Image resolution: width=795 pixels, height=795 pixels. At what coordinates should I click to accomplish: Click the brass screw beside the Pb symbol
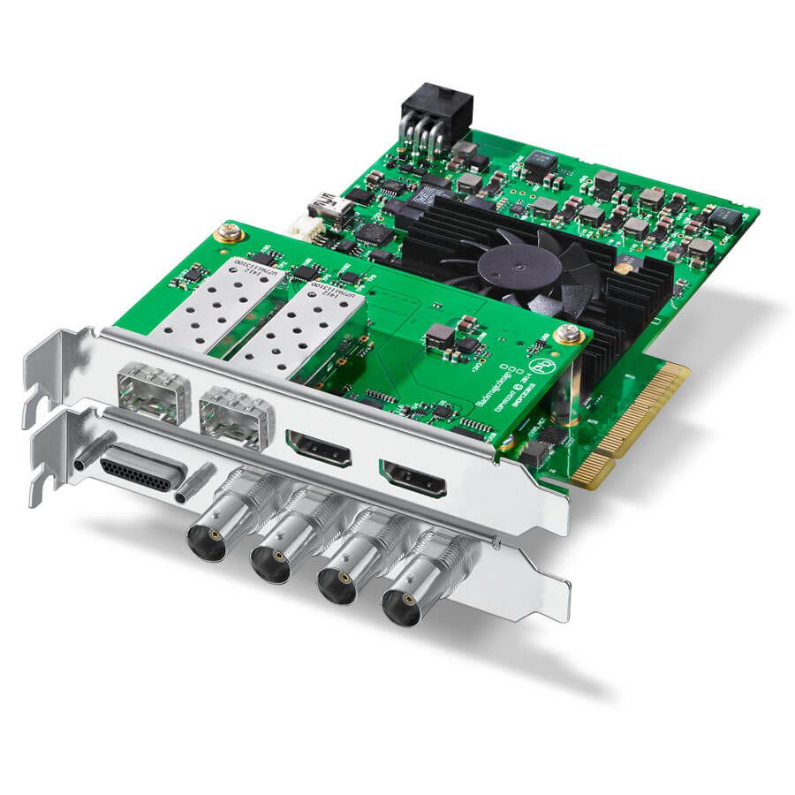click(x=568, y=334)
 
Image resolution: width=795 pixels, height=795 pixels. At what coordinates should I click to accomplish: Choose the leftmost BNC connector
click(x=205, y=534)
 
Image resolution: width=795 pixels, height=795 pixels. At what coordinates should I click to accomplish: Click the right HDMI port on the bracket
click(x=413, y=477)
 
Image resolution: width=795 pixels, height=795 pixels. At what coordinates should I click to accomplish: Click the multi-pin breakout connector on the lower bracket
click(x=140, y=472)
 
